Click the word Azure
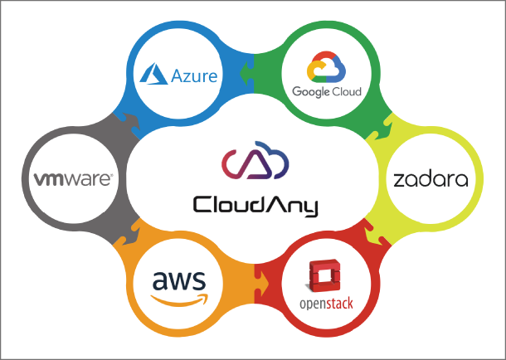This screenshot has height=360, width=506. point(195,76)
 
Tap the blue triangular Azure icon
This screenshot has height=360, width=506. point(157,75)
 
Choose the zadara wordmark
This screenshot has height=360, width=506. point(431,178)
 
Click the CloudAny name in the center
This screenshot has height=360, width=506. point(255,203)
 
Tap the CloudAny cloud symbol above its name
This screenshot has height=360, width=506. point(254,163)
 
